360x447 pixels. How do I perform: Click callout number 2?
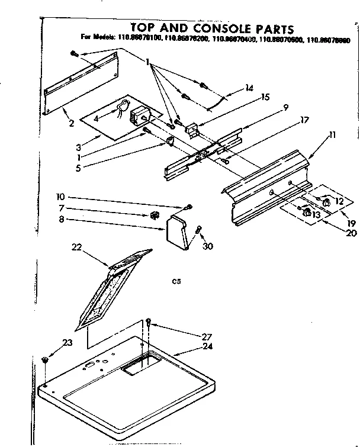click(70, 123)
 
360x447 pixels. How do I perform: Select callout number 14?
click(249, 88)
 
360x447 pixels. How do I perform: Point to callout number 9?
click(285, 108)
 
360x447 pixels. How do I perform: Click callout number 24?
click(189, 346)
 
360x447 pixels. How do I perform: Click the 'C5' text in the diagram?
click(176, 282)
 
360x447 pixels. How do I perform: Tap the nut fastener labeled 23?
click(45, 361)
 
